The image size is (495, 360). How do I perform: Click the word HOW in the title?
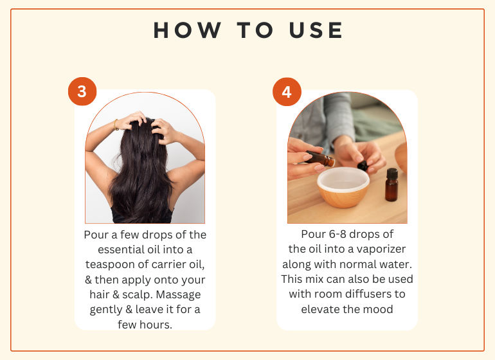pyautogui.click(x=187, y=30)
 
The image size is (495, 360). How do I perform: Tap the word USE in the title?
pyautogui.click(x=316, y=30)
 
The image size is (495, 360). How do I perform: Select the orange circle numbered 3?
pyautogui.click(x=82, y=91)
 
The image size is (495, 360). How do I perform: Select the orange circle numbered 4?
pyautogui.click(x=287, y=91)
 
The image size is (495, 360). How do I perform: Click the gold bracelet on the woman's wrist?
pyautogui.click(x=116, y=125)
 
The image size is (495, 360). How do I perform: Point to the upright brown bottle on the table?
pyautogui.click(x=392, y=184)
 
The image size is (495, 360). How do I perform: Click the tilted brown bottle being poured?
pyautogui.click(x=319, y=158)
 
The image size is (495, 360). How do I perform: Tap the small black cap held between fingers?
pyautogui.click(x=363, y=165)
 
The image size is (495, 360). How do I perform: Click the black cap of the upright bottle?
pyautogui.click(x=392, y=174)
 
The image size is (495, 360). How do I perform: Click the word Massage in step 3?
pyautogui.click(x=178, y=294)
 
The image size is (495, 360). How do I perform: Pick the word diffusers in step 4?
pyautogui.click(x=366, y=294)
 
